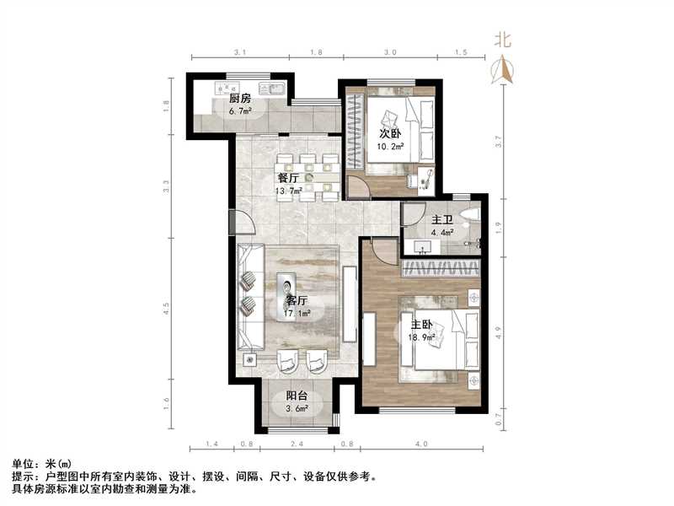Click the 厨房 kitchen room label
pos(240,99)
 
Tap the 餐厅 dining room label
pos(288,178)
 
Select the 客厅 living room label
pos(295,300)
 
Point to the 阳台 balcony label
pos(296,396)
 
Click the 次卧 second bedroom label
pos(389,133)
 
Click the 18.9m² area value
pos(422,337)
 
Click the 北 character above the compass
pos(503,39)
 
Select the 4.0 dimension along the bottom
pos(421,444)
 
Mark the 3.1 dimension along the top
pos(239,52)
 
